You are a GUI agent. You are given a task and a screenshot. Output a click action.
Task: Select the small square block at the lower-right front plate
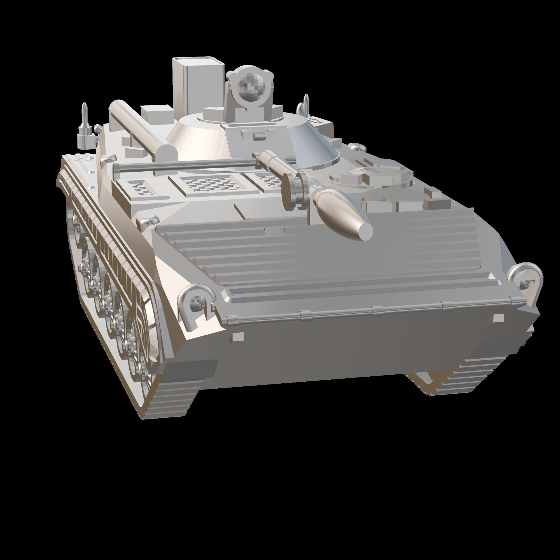498,318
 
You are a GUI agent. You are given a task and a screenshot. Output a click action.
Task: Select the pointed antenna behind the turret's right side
306,104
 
